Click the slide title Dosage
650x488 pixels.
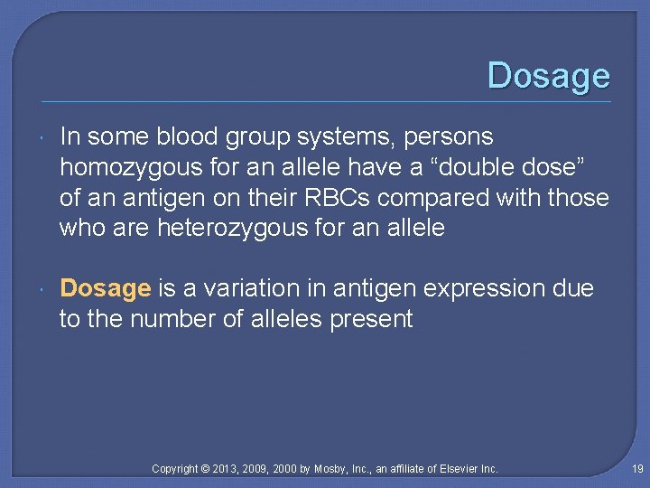click(x=548, y=75)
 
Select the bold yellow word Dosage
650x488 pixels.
click(x=105, y=289)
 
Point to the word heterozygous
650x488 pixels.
click(x=233, y=228)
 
